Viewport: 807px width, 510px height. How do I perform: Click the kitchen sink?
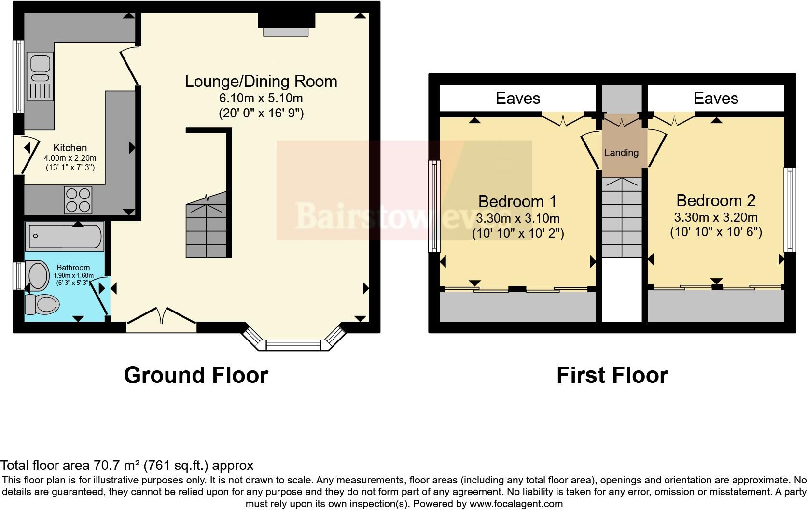[x=40, y=77]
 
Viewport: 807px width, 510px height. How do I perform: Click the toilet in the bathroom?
[x=42, y=304]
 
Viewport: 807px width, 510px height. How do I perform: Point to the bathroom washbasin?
[x=38, y=276]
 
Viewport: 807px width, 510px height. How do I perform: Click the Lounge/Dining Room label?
[x=261, y=81]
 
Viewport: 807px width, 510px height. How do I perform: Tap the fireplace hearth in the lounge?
[x=286, y=31]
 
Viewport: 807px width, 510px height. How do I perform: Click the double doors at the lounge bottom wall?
[x=162, y=321]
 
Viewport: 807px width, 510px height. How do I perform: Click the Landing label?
[x=621, y=153]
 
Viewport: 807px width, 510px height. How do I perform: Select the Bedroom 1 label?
[x=517, y=201]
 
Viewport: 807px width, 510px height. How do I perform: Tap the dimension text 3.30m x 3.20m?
[x=716, y=217]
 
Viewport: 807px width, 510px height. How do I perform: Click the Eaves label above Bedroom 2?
[x=716, y=99]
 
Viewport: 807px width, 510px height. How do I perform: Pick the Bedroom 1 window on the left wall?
[x=434, y=206]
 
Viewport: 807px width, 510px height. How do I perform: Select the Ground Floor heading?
[x=196, y=375]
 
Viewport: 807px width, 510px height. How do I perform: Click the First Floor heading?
[x=612, y=375]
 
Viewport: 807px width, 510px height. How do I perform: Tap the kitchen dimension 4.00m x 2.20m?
[x=70, y=158]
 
